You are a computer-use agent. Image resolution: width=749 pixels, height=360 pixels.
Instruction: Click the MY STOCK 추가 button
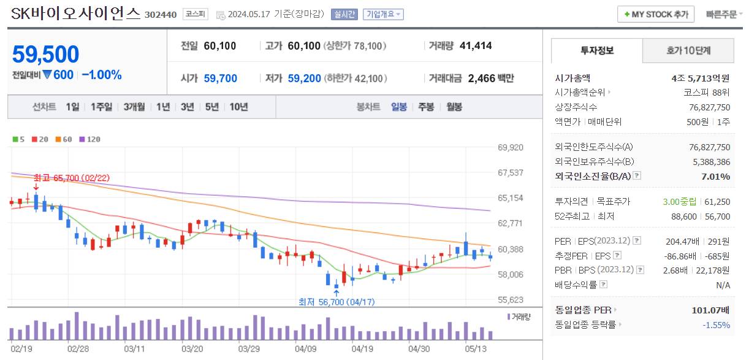pos(655,14)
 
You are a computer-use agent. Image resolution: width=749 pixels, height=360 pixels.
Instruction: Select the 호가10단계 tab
pos(688,50)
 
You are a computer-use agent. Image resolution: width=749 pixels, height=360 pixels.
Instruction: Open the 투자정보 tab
pos(596,50)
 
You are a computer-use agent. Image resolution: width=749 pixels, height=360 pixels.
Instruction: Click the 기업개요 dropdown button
pos(382,14)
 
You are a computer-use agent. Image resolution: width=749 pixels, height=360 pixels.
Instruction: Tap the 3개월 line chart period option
pos(134,107)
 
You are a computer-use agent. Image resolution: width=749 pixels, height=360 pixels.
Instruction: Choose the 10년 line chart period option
pos(238,107)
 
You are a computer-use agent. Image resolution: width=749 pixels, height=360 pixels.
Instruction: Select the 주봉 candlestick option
pos(426,107)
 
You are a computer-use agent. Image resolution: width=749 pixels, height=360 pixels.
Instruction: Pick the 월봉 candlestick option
pos(454,107)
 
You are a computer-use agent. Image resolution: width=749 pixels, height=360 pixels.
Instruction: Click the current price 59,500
pos(46,55)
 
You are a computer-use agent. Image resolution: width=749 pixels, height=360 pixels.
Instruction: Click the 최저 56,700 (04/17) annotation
pos(336,302)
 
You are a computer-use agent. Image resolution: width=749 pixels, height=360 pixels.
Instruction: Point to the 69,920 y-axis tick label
pos(510,148)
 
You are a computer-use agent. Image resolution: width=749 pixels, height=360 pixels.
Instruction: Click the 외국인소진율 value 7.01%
pos(715,177)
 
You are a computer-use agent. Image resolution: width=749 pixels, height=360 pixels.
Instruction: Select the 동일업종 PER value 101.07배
pos(711,310)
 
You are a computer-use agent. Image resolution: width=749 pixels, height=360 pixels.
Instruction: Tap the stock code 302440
pos(160,15)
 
